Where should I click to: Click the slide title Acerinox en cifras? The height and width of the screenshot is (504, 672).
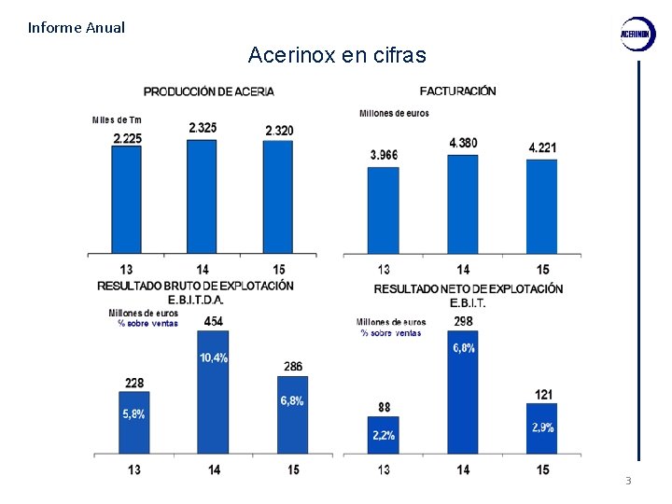pyautogui.click(x=337, y=55)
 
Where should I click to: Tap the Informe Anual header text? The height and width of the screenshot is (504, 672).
pyautogui.click(x=77, y=27)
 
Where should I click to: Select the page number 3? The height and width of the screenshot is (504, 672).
pyautogui.click(x=628, y=481)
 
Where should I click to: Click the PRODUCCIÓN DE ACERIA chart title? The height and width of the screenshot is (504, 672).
pyautogui.click(x=208, y=91)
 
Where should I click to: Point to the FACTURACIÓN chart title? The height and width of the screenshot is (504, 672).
pyautogui.click(x=457, y=91)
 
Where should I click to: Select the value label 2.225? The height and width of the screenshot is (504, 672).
pyautogui.click(x=127, y=138)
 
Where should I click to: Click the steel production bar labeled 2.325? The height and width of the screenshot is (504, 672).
pyautogui.click(x=202, y=196)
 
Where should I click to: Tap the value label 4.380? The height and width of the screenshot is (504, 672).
pyautogui.click(x=463, y=143)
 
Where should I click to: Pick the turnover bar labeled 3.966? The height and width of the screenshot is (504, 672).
pyautogui.click(x=383, y=209)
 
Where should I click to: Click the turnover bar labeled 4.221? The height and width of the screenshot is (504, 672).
pyautogui.click(x=541, y=205)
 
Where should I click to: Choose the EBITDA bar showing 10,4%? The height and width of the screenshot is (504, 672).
pyautogui.click(x=214, y=392)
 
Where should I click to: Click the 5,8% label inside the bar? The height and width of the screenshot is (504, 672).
pyautogui.click(x=133, y=414)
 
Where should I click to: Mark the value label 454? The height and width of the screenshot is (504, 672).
pyautogui.click(x=214, y=321)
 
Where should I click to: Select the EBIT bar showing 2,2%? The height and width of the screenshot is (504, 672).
pyautogui.click(x=383, y=435)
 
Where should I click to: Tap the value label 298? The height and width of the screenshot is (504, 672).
pyautogui.click(x=463, y=321)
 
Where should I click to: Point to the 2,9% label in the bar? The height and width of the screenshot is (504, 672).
pyautogui.click(x=542, y=427)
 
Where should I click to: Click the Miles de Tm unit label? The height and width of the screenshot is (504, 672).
pyautogui.click(x=117, y=119)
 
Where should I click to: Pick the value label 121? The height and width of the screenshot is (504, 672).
pyautogui.click(x=543, y=395)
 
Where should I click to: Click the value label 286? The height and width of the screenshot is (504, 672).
pyautogui.click(x=293, y=367)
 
